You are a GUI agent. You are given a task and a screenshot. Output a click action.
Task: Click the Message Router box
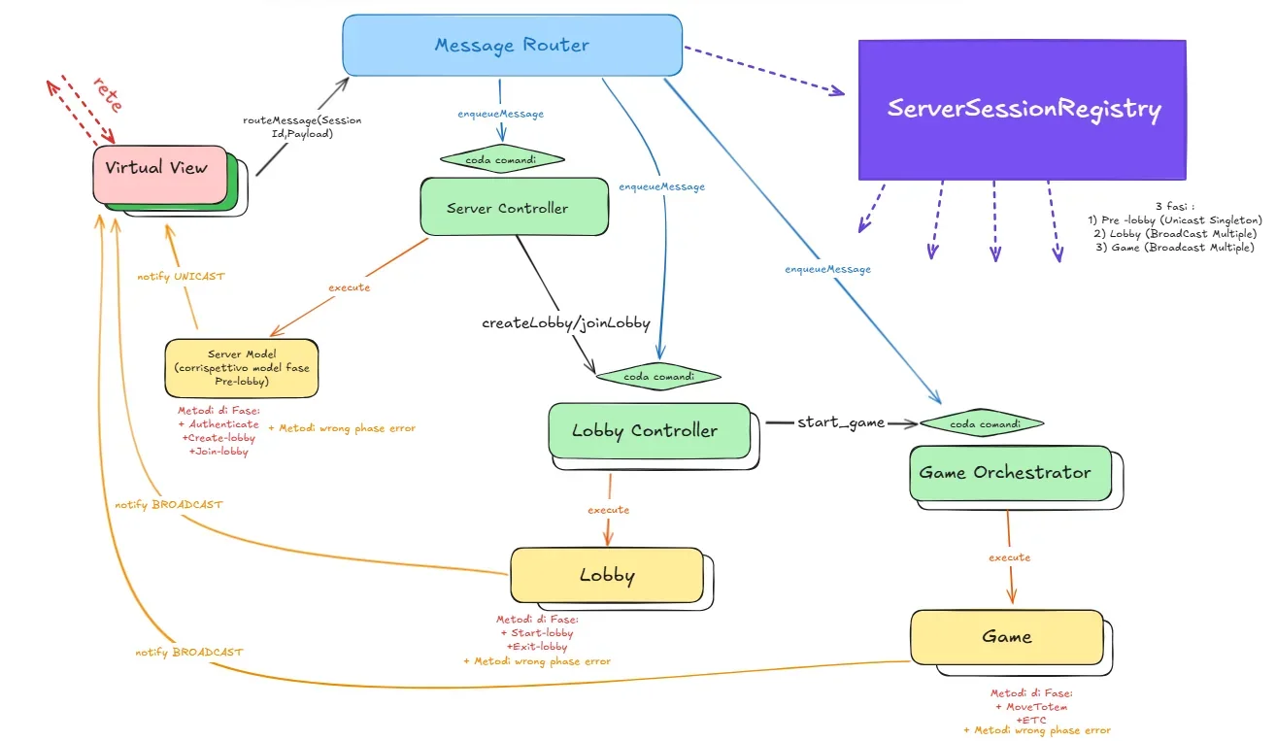click(512, 45)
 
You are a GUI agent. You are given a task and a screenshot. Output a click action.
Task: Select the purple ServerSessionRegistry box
click(1023, 110)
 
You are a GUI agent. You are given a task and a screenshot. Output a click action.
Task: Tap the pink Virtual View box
click(160, 174)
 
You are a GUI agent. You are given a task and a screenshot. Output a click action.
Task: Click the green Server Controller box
click(515, 207)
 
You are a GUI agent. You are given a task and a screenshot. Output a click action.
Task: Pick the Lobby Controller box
click(650, 431)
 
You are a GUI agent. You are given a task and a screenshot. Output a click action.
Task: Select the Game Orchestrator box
click(1011, 473)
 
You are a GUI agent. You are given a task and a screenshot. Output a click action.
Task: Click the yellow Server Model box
click(242, 368)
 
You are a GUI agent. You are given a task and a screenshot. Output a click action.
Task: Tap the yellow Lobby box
click(607, 575)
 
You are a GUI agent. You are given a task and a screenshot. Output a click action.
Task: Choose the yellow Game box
click(1007, 637)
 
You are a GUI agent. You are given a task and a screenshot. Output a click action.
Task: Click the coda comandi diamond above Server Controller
click(502, 159)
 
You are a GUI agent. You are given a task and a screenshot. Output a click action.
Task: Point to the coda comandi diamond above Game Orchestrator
click(982, 423)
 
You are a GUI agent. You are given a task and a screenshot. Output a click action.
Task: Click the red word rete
click(108, 94)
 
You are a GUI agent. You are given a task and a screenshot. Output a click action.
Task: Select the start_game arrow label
click(841, 422)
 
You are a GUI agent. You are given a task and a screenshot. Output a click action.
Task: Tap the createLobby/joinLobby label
click(566, 323)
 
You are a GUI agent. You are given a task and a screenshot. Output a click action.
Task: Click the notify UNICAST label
click(182, 276)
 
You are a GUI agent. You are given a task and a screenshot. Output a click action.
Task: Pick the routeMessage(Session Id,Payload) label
click(302, 127)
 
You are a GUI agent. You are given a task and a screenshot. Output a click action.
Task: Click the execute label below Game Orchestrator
click(1009, 557)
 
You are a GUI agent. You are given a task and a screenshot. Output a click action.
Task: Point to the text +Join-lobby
click(218, 452)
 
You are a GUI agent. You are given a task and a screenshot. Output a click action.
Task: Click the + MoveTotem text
click(1031, 707)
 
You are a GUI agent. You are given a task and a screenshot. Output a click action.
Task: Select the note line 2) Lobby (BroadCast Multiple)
click(1175, 233)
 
